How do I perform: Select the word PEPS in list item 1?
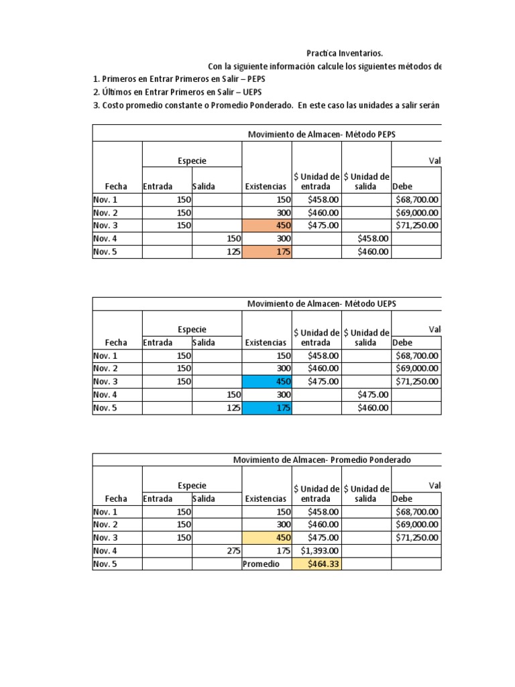click(258, 79)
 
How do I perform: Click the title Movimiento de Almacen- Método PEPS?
click(322, 135)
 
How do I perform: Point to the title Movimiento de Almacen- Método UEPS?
click(322, 304)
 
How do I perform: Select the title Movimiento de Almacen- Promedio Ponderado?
click(322, 460)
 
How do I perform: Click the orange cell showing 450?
click(267, 225)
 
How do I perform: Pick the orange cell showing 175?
click(267, 252)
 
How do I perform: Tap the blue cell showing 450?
click(267, 382)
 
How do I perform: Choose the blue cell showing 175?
click(267, 408)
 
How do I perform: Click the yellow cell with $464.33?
click(317, 564)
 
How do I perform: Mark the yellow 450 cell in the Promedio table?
click(267, 537)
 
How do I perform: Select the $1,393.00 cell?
click(317, 551)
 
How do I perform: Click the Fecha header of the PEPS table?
click(116, 186)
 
